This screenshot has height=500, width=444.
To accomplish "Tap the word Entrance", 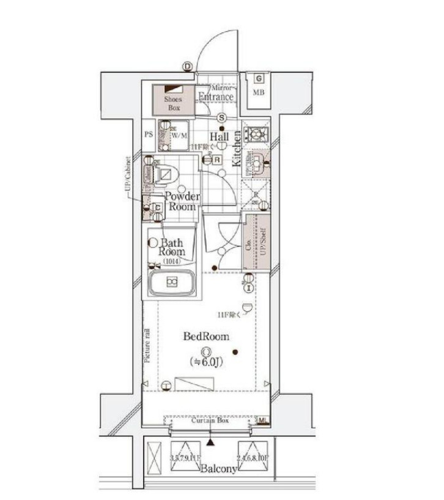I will pos(216,97).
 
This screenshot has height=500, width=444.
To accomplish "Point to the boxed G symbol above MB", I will pos(259,78).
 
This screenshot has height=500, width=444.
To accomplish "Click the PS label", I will pos(148,134).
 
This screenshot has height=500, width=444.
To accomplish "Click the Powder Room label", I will pos(181,202).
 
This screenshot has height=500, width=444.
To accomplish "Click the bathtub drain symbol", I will pos(172,282).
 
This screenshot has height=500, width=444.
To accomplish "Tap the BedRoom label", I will pos(207,336).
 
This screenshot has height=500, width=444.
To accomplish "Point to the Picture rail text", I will pos(147,346).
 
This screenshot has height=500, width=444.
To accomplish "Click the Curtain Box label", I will pos(209,421).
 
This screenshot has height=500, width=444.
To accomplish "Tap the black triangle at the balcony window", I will pos(211,441).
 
